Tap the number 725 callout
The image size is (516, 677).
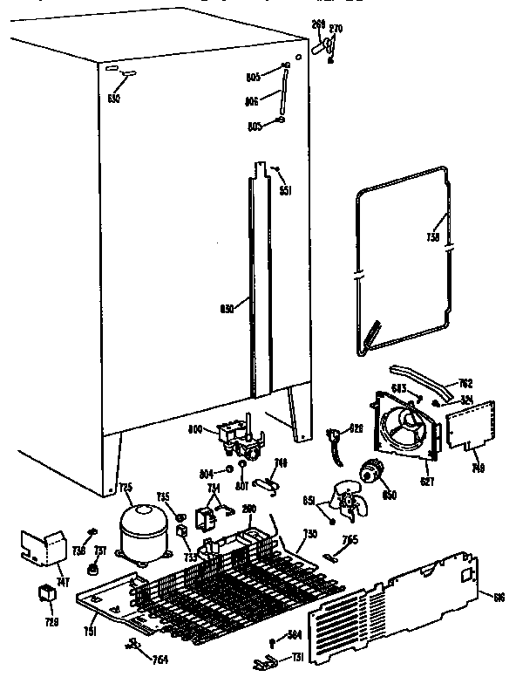click(125, 487)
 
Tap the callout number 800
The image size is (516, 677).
click(196, 429)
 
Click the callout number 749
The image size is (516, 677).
click(478, 468)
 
